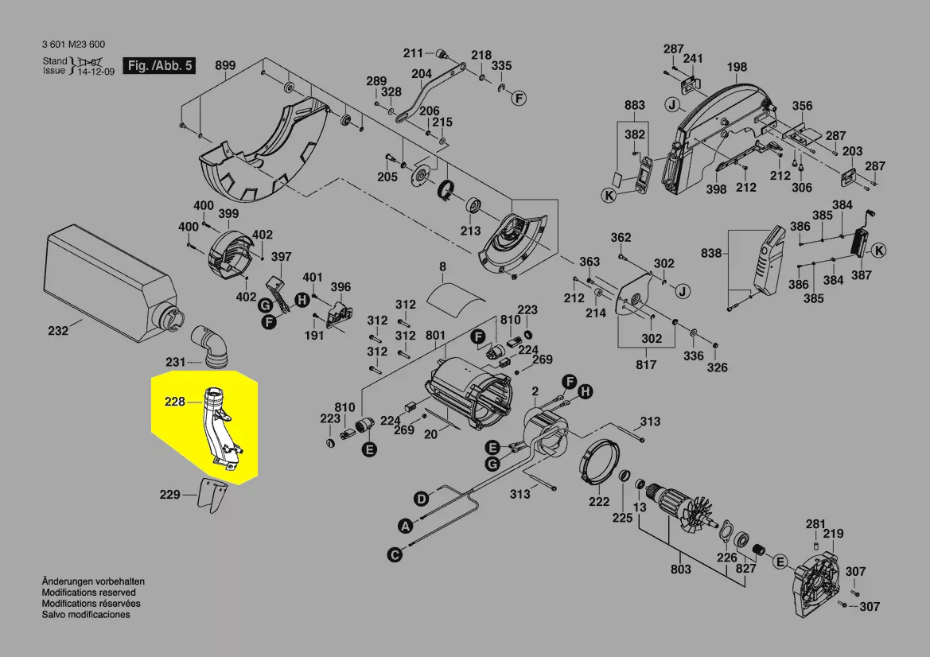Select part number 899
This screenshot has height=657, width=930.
pyautogui.click(x=225, y=66)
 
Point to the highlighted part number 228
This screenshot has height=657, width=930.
pyautogui.click(x=175, y=402)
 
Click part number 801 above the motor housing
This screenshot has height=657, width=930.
pyautogui.click(x=435, y=336)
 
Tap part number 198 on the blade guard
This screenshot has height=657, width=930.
pyautogui.click(x=737, y=68)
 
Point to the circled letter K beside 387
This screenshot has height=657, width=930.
pyautogui.click(x=879, y=251)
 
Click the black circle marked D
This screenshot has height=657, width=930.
pyautogui.click(x=422, y=499)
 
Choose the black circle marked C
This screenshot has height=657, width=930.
pyautogui.click(x=394, y=554)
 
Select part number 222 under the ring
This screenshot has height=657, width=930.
pyautogui.click(x=599, y=501)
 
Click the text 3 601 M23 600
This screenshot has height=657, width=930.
pyautogui.click(x=73, y=45)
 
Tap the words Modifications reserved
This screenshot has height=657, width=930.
pyautogui.click(x=88, y=593)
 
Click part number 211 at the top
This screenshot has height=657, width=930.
pyautogui.click(x=413, y=53)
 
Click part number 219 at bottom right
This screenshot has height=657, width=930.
pyautogui.click(x=834, y=534)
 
